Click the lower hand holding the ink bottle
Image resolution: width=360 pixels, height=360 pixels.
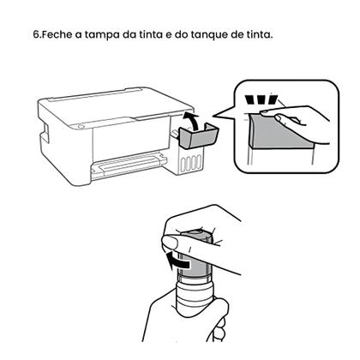point(184,321)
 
